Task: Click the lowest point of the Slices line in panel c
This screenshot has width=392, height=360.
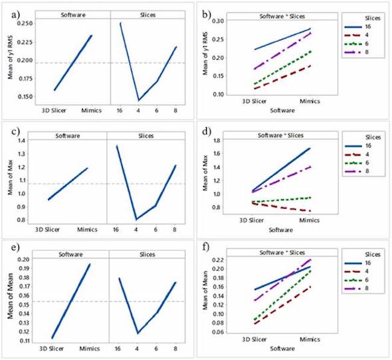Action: coord(137,219)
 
